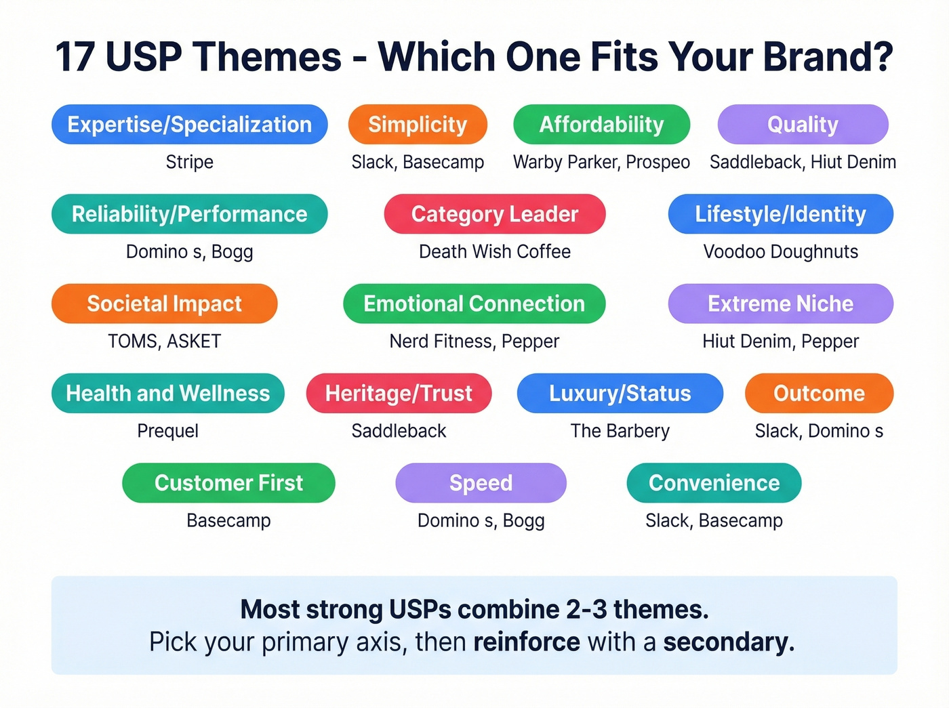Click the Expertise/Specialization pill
click(x=189, y=125)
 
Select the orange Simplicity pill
click(x=418, y=125)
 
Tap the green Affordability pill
click(x=601, y=125)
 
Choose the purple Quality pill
click(x=803, y=125)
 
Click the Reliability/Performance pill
click(x=189, y=214)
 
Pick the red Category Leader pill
click(x=494, y=214)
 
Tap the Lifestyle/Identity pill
click(x=780, y=214)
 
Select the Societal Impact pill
click(x=164, y=304)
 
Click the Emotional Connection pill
click(x=474, y=304)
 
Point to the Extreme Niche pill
click(x=780, y=304)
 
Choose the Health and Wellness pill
click(x=167, y=393)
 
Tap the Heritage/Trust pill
click(x=399, y=393)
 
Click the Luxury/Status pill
click(x=620, y=393)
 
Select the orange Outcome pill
click(x=819, y=393)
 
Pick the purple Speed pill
click(x=481, y=482)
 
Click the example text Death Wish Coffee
click(x=494, y=252)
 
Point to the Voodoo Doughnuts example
click(x=780, y=252)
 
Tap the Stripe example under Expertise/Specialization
click(x=189, y=163)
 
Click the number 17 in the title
click(x=75, y=57)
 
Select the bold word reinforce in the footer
click(x=526, y=642)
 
